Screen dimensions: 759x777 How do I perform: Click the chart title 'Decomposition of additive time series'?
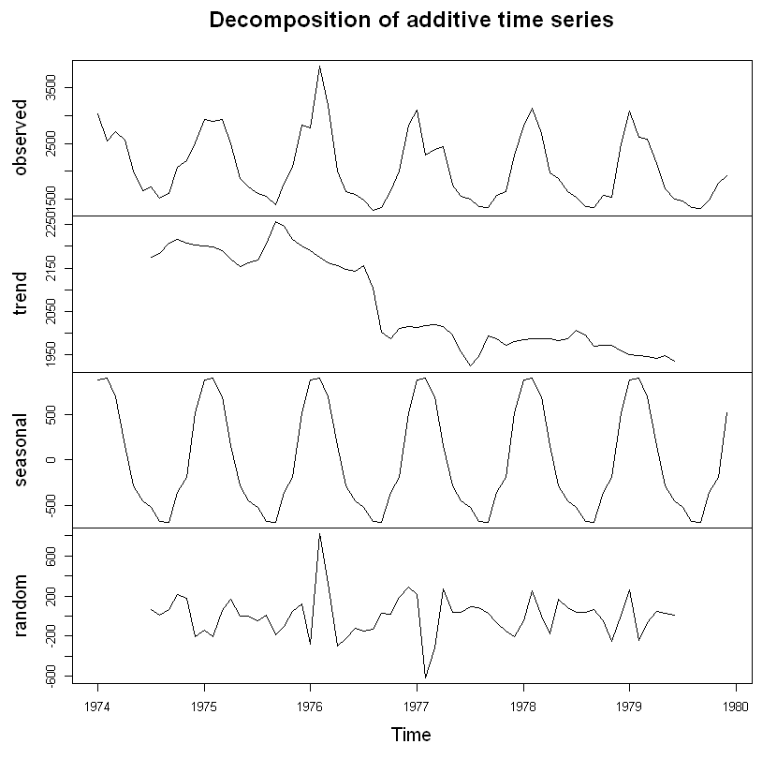coord(411,21)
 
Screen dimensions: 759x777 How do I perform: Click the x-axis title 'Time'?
coord(411,735)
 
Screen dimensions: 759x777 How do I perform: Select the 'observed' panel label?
coord(21,138)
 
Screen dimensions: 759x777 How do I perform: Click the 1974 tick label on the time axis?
coord(97,706)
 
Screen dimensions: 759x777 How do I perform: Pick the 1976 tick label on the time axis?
coord(310,706)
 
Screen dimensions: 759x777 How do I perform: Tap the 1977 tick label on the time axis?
coord(417,706)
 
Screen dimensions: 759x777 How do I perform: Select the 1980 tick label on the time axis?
coord(735,706)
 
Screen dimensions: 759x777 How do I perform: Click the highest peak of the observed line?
coord(319,67)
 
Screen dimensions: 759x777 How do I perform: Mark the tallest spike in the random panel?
coord(319,534)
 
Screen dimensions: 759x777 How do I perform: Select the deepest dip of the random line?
coord(425,677)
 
